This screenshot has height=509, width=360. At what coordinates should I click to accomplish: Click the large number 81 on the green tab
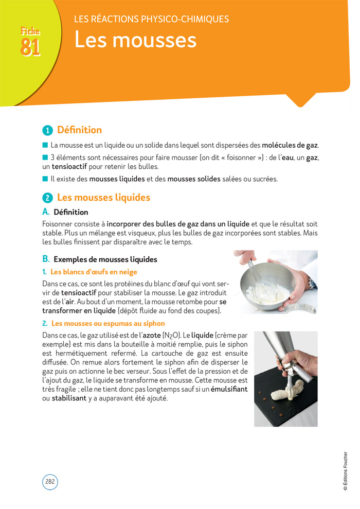pyautogui.click(x=30, y=47)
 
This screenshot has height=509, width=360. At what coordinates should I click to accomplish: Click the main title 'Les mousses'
pyautogui.click(x=135, y=40)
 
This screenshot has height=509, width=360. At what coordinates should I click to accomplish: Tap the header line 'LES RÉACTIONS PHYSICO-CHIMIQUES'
pyautogui.click(x=152, y=19)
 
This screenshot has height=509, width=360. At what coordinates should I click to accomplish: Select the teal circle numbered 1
pyautogui.click(x=47, y=131)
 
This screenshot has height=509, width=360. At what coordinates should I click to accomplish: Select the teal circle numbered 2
pyautogui.click(x=47, y=198)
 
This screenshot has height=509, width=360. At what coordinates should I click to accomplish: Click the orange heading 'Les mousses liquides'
pyautogui.click(x=104, y=197)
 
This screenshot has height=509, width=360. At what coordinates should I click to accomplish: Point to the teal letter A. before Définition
pyautogui.click(x=46, y=212)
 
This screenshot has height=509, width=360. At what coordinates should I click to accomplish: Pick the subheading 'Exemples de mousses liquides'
pyautogui.click(x=105, y=259)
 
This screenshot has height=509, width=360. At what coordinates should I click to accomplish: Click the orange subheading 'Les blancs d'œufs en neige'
pyautogui.click(x=94, y=272)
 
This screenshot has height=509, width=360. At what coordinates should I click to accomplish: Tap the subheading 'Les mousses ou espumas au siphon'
pyautogui.click(x=108, y=323)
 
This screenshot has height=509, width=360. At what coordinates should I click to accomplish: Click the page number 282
pyautogui.click(x=50, y=481)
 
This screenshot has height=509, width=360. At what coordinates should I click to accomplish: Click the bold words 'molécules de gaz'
pyautogui.click(x=290, y=145)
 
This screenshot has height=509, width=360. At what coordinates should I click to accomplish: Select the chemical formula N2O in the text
pyautogui.click(x=172, y=336)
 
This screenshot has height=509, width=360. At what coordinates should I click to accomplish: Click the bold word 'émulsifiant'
pyautogui.click(x=229, y=389)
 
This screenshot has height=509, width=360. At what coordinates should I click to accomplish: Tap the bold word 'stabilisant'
pyautogui.click(x=69, y=398)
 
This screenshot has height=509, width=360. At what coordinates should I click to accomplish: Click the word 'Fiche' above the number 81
pyautogui.click(x=30, y=31)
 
